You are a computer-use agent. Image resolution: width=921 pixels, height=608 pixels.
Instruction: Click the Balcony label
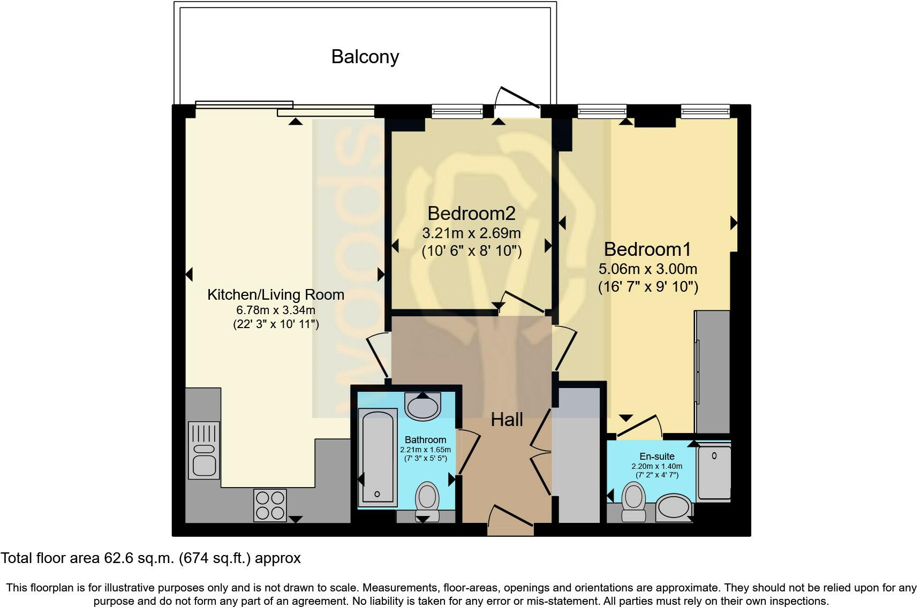point(365,57)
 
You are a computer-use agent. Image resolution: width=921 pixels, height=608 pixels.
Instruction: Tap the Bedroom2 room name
point(471,214)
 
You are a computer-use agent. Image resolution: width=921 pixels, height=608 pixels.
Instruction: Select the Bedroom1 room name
point(647,249)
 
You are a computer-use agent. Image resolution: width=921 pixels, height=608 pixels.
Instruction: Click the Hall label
point(507,420)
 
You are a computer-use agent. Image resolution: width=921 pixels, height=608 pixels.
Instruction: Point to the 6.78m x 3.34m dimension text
point(276,310)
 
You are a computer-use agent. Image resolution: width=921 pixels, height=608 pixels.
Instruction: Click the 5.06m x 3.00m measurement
point(648,269)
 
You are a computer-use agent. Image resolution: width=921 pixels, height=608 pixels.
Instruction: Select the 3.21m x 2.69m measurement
point(471,233)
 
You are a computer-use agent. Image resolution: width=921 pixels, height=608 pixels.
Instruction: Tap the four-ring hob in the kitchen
point(270,505)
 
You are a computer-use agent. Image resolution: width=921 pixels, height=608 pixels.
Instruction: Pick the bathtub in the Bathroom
point(378,457)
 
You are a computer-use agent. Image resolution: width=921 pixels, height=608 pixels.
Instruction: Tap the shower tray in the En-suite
point(714,471)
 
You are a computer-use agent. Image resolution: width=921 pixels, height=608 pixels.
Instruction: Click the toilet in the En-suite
point(634,500)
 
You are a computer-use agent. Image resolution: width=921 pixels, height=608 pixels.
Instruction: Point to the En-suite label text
point(657,457)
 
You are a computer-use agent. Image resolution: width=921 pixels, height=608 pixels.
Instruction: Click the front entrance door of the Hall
point(510,521)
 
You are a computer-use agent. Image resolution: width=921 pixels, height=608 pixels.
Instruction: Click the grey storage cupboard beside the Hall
point(579,455)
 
